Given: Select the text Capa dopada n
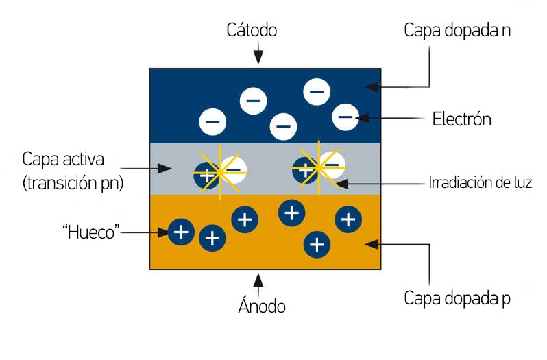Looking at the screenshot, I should pyautogui.click(x=457, y=31).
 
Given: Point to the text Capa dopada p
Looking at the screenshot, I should pyautogui.click(x=457, y=299).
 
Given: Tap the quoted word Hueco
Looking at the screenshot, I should pyautogui.click(x=90, y=232).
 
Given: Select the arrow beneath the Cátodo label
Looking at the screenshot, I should pyautogui.click(x=258, y=55).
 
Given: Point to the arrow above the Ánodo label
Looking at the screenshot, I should pyautogui.click(x=258, y=281).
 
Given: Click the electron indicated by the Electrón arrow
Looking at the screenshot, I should pyautogui.click(x=345, y=117).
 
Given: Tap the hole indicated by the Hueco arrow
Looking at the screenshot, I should pyautogui.click(x=181, y=232).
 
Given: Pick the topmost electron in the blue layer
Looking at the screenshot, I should pyautogui.click(x=317, y=91).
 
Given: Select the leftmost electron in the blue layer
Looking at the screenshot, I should pyautogui.click(x=212, y=122).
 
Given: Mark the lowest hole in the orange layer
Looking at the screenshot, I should pyautogui.click(x=317, y=243).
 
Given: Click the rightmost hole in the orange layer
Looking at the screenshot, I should pyautogui.click(x=348, y=219).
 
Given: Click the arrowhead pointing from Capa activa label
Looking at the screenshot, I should pyautogui.click(x=162, y=167).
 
